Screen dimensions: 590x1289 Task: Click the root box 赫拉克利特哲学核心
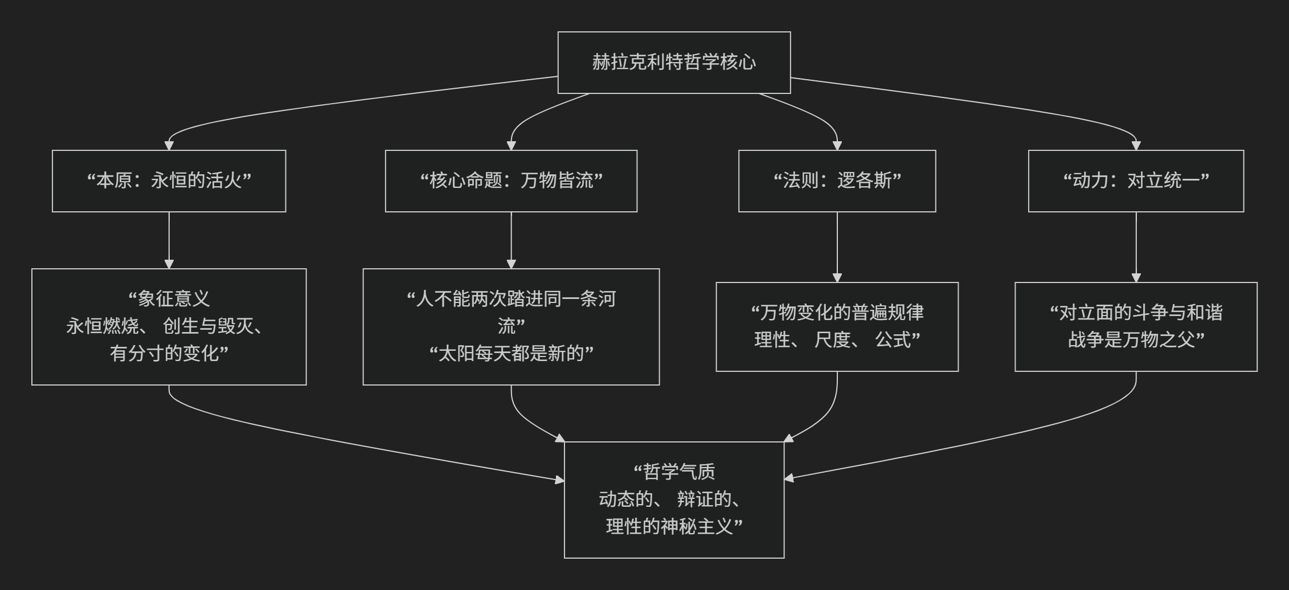(674, 62)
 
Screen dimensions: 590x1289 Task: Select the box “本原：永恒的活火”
(169, 181)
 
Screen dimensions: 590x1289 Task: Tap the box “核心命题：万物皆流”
(511, 181)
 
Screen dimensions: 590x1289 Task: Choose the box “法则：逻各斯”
(837, 181)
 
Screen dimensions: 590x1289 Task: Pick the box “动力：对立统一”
(1136, 181)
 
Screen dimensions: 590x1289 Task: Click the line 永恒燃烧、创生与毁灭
(165, 326)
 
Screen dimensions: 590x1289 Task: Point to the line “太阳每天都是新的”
(511, 354)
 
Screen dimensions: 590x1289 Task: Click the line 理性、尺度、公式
(837, 340)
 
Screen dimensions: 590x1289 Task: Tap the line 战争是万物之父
(1136, 340)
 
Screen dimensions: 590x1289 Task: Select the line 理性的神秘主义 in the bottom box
(674, 526)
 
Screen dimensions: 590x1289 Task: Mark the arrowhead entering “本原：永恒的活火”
(169, 145)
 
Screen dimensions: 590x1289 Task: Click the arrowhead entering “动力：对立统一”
(1136, 145)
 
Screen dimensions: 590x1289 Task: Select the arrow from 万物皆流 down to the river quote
(511, 239)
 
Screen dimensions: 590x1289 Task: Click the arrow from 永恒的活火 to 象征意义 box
(169, 239)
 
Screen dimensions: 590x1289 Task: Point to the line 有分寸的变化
(169, 354)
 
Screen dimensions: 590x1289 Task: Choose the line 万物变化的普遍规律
(837, 313)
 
